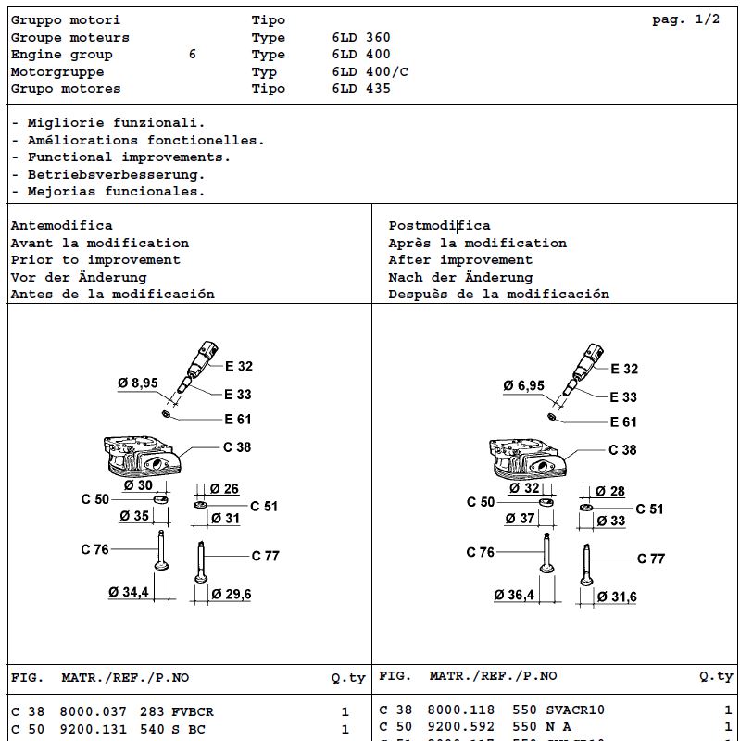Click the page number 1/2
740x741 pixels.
point(707,19)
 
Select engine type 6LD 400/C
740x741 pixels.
point(370,71)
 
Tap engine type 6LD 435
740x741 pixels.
point(361,88)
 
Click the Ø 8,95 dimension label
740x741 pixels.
point(137,383)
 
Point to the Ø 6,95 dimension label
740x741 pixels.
point(523,385)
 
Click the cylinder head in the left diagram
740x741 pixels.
point(142,456)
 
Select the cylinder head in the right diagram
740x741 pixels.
point(527,458)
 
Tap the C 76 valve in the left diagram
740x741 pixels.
point(161,550)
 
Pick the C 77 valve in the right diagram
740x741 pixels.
point(586,565)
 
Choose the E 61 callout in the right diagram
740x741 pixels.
point(623,421)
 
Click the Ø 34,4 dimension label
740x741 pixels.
point(129,592)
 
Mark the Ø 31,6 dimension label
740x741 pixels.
point(617,597)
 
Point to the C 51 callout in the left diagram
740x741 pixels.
point(264,506)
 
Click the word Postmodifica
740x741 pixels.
point(440,225)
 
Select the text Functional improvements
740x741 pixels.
point(129,157)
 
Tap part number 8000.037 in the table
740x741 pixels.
point(94,711)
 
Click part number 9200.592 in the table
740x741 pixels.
point(460,726)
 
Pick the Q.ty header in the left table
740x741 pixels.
point(348,678)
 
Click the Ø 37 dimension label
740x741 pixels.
point(520,519)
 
